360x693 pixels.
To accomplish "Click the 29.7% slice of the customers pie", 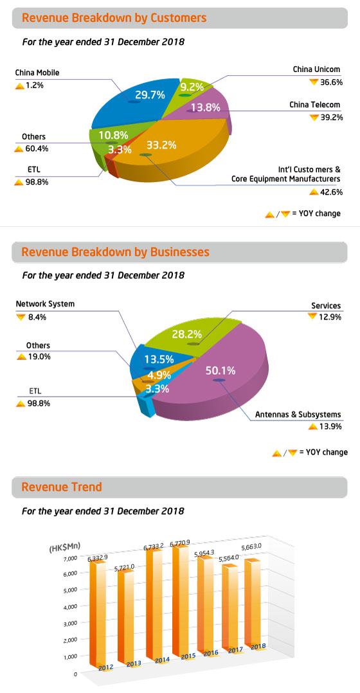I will pyautogui.click(x=138, y=100).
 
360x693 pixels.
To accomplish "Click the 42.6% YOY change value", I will pyautogui.click(x=330, y=192).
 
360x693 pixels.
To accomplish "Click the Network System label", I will pyautogui.click(x=45, y=304).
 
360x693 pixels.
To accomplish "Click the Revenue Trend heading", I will pyautogui.click(x=62, y=487).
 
